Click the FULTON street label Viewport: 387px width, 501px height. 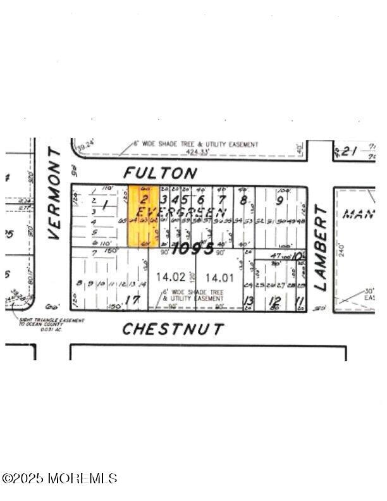tap(160, 172)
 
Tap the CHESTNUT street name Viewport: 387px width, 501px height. tap(173, 329)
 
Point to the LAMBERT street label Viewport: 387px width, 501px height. tap(321, 247)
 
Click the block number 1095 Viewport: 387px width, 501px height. tap(192, 248)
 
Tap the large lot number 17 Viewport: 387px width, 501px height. tap(132, 300)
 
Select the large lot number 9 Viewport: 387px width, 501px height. tap(279, 201)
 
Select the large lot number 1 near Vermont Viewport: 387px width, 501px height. tap(105, 206)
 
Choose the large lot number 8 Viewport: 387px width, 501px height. tap(243, 201)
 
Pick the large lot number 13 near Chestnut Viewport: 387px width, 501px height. tap(249, 300)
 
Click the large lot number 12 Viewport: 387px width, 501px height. tap(274, 300)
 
